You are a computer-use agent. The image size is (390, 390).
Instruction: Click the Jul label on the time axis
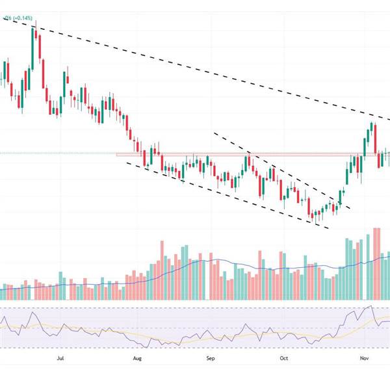coord(60,357)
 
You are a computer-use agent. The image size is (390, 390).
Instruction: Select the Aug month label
coord(137,357)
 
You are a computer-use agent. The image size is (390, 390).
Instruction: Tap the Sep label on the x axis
coord(210,357)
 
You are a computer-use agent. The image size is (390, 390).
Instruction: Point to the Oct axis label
coord(283,357)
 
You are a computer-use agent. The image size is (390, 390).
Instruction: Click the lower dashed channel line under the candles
coord(227,192)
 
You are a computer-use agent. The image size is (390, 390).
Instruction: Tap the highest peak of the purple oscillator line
coord(370,306)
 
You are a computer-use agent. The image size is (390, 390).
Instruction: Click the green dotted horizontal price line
coord(65,153)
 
